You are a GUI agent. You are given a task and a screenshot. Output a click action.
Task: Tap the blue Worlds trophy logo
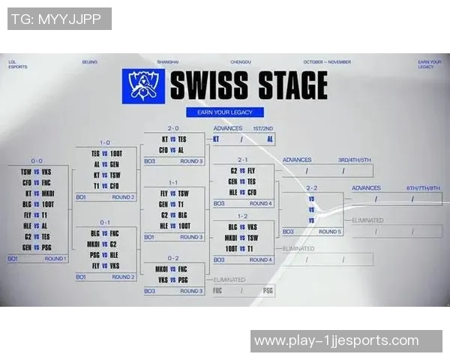(x=142, y=85)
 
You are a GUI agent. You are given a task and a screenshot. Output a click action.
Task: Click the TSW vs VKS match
(x=36, y=172)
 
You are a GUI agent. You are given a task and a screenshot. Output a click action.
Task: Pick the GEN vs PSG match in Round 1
(x=36, y=246)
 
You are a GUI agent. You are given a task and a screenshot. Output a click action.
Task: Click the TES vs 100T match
(x=106, y=154)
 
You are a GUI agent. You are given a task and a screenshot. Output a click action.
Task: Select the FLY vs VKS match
(x=106, y=265)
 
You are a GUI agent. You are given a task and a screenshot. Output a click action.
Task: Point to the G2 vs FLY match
(x=242, y=170)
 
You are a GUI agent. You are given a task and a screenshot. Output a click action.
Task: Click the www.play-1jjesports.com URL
(x=336, y=340)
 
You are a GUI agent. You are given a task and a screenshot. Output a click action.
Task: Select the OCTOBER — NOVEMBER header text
(x=327, y=62)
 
